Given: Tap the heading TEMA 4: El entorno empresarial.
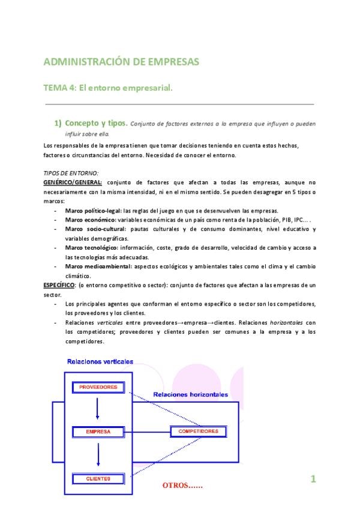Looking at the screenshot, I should click(109, 88).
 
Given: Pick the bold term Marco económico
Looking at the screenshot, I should click(88, 220).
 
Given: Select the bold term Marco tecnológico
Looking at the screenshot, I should click(91, 248).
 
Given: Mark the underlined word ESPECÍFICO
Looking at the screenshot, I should click(59, 285).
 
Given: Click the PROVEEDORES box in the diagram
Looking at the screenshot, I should click(98, 387).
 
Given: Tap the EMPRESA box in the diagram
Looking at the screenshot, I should click(98, 432).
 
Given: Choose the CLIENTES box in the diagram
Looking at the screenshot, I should click(98, 478).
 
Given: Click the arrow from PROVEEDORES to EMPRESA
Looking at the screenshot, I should click(97, 409).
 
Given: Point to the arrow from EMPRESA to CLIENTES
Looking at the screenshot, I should click(97, 454).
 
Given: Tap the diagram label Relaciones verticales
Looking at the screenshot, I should click(100, 362).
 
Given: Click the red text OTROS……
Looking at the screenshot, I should click(182, 485).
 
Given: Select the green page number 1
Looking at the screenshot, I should click(313, 478).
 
